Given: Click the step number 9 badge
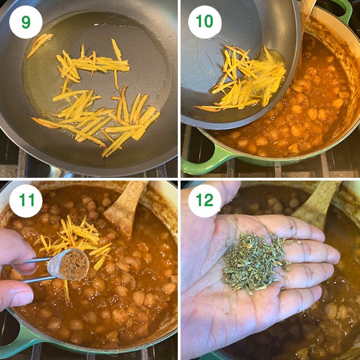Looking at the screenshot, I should (26, 22).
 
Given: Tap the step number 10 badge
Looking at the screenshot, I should (205, 22).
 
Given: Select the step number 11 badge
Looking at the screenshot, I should (26, 201).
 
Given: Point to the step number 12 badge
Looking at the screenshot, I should (205, 201).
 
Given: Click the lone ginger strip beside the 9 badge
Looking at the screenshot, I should (40, 44).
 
